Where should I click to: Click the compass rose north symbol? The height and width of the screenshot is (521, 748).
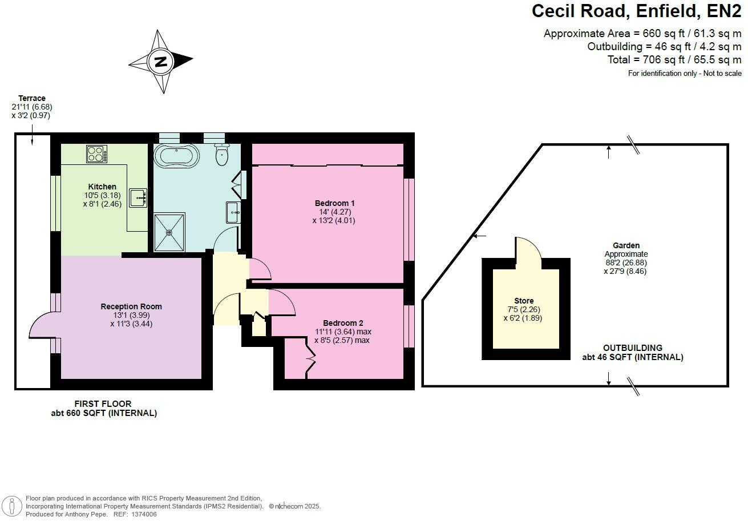click(x=160, y=61)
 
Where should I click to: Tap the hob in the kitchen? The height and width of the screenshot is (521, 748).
click(x=96, y=154)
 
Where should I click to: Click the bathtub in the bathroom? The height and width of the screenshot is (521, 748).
click(x=176, y=155)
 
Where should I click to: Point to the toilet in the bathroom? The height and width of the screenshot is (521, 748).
click(x=222, y=154)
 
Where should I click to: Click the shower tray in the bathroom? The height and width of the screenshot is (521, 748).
click(x=169, y=232)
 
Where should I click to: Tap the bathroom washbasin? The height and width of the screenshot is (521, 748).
click(x=233, y=212)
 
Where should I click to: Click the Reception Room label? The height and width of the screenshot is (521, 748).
click(x=131, y=306)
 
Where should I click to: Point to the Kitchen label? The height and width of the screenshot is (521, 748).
click(x=102, y=187)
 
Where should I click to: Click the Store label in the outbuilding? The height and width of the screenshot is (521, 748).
click(x=524, y=301)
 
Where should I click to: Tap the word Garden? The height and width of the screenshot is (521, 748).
click(x=626, y=245)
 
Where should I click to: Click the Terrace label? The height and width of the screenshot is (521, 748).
click(x=32, y=98)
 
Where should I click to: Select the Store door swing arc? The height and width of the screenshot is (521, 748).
click(x=528, y=248)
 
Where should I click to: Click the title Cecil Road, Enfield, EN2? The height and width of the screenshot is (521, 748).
click(x=636, y=11)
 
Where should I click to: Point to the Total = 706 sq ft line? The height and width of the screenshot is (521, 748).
click(x=674, y=60)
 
